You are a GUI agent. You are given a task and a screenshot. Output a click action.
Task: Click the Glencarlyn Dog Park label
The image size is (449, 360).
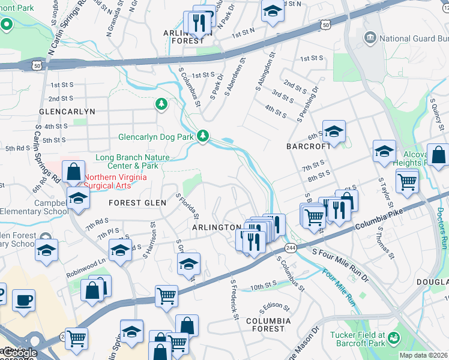[x=156, y=137]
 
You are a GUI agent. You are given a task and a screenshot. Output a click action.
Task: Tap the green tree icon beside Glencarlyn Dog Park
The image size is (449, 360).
[x=203, y=136]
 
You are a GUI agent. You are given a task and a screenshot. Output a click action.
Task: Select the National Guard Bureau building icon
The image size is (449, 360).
[x=369, y=38]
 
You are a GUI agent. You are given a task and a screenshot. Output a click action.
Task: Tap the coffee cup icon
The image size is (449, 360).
[x=23, y=300]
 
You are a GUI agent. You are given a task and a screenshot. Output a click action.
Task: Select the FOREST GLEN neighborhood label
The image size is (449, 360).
[x=137, y=203]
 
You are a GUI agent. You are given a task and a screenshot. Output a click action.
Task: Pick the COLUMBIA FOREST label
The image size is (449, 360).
[x=268, y=325]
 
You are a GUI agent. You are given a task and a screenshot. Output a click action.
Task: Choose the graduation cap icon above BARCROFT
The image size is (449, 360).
[x=334, y=130]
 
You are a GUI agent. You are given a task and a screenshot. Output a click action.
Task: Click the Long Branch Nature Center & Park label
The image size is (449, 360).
[x=133, y=161]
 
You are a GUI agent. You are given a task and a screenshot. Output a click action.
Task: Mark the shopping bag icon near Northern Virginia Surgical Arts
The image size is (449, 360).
[x=73, y=172]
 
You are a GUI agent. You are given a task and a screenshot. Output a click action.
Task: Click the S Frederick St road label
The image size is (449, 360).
[x=234, y=299]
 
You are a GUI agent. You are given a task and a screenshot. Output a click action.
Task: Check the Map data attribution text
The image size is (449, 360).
[x=423, y=355]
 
